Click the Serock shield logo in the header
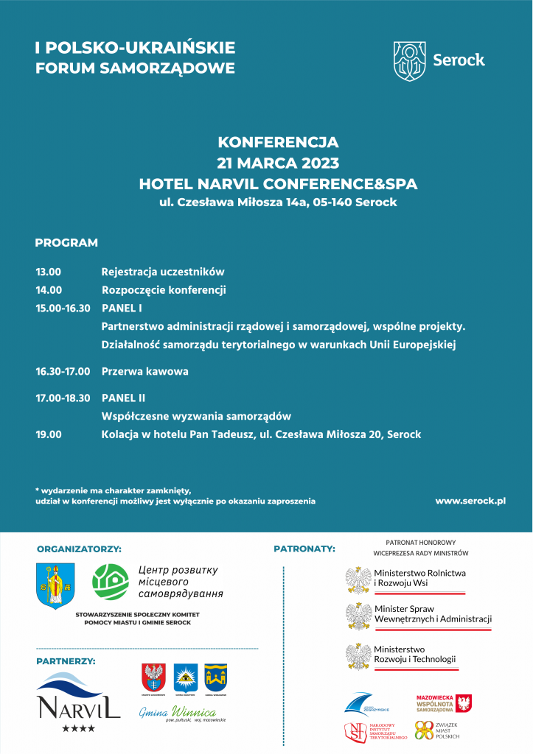(410, 60)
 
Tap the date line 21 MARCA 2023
(278, 163)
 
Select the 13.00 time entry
(49, 272)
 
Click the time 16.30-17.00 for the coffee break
(63, 372)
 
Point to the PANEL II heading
(123, 398)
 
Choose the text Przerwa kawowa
(144, 372)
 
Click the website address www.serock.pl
(470, 501)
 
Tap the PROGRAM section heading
(66, 242)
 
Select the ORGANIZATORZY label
(79, 549)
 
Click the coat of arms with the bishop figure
(55, 585)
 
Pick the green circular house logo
(111, 582)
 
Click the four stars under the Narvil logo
(78, 728)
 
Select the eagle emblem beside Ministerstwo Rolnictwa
(358, 579)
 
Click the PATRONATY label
(304, 549)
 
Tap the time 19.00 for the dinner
(49, 434)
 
